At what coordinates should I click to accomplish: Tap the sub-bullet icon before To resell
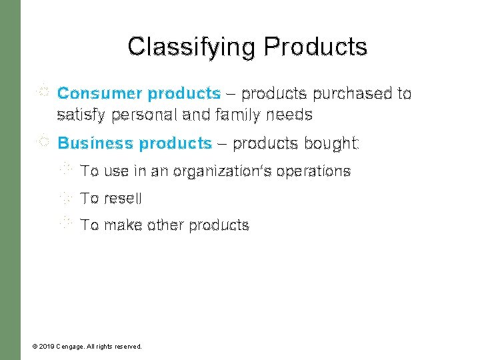[65, 197]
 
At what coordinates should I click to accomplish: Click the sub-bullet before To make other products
[65, 224]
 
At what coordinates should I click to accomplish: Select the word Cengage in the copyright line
[70, 347]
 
